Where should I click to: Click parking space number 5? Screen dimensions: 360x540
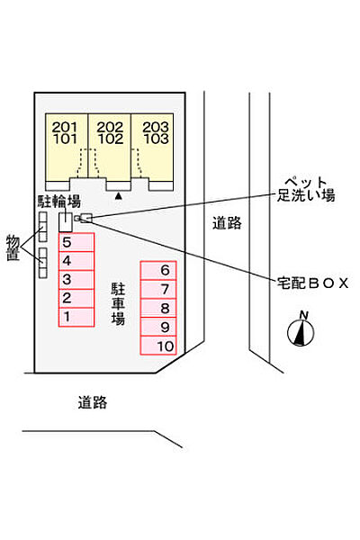76,242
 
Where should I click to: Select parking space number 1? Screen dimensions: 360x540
76,317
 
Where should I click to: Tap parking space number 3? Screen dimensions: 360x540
76,280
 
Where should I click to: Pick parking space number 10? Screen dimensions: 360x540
158,346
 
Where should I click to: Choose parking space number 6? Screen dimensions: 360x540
158,270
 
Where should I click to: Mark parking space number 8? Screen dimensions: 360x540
158,308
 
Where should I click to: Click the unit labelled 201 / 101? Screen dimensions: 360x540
67,148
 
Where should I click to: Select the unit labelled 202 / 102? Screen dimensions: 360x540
110,148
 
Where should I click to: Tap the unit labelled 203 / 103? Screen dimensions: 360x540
152,148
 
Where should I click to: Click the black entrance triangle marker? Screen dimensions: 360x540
119,196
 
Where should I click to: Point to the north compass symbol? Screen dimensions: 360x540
301,329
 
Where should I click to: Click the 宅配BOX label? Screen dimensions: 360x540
313,283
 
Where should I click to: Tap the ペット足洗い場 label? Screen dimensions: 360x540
306,189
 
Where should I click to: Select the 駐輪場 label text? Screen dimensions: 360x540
59,202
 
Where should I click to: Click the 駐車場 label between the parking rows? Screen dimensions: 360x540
118,304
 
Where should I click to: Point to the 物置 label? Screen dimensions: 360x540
13,248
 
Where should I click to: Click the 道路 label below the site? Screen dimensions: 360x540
93,402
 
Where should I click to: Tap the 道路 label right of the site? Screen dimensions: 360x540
227,223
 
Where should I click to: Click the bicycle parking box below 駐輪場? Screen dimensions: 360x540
66,222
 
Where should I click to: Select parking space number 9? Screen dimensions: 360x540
158,327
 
